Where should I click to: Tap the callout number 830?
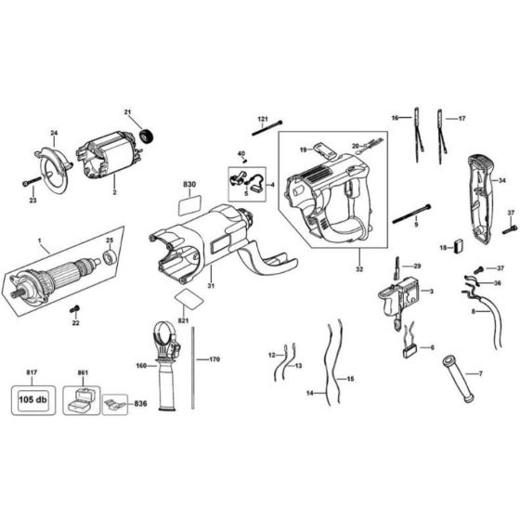pos(189,186)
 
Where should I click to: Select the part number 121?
pos(262,119)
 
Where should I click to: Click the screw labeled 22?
pos(80,308)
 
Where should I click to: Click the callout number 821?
pos(184,319)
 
